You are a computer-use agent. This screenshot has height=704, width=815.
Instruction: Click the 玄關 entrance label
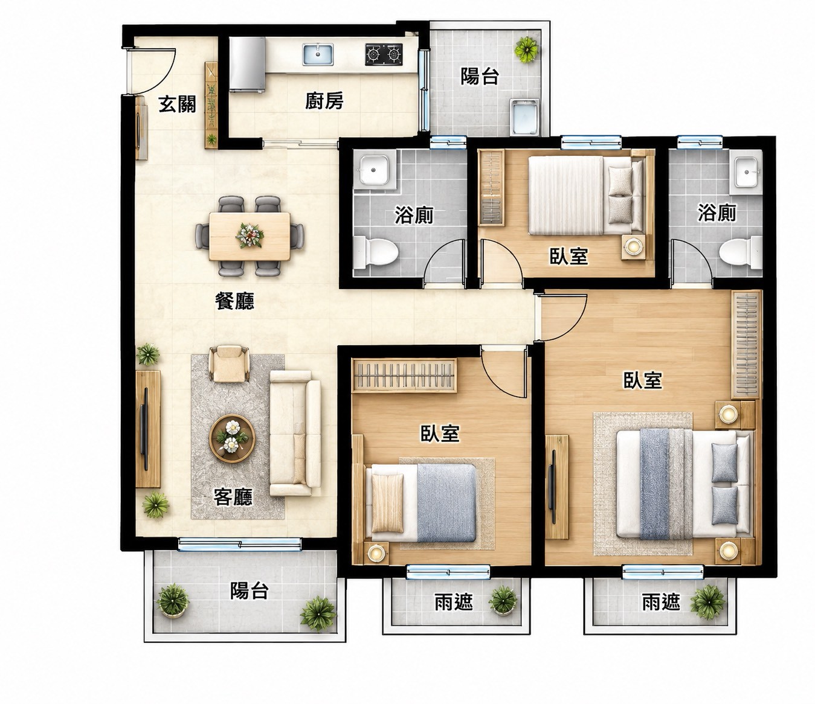[177, 104]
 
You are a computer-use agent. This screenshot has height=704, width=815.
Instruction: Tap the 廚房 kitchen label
[324, 101]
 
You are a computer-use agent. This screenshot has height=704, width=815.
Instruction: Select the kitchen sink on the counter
[318, 55]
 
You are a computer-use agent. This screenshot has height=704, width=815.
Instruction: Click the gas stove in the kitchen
[384, 54]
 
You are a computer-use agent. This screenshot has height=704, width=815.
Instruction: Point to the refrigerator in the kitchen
[247, 65]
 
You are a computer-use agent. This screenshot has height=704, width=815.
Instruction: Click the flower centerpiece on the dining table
[250, 235]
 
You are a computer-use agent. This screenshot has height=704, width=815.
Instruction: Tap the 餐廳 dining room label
[234, 301]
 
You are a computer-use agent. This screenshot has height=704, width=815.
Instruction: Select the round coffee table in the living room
[232, 439]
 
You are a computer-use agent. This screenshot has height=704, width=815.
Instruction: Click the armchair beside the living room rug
[229, 364]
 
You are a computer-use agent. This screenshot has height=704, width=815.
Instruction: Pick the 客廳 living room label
[233, 497]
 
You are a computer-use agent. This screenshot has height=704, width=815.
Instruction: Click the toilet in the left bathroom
[376, 251]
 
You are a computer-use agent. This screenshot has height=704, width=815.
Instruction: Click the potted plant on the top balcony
[526, 50]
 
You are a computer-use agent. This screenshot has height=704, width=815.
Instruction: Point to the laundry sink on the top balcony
[524, 116]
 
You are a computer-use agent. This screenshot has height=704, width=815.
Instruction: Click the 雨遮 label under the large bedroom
[661, 603]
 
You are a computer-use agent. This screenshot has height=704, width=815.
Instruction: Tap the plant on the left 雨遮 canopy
[503, 600]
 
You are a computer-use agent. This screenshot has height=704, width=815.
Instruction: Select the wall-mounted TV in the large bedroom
[553, 487]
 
